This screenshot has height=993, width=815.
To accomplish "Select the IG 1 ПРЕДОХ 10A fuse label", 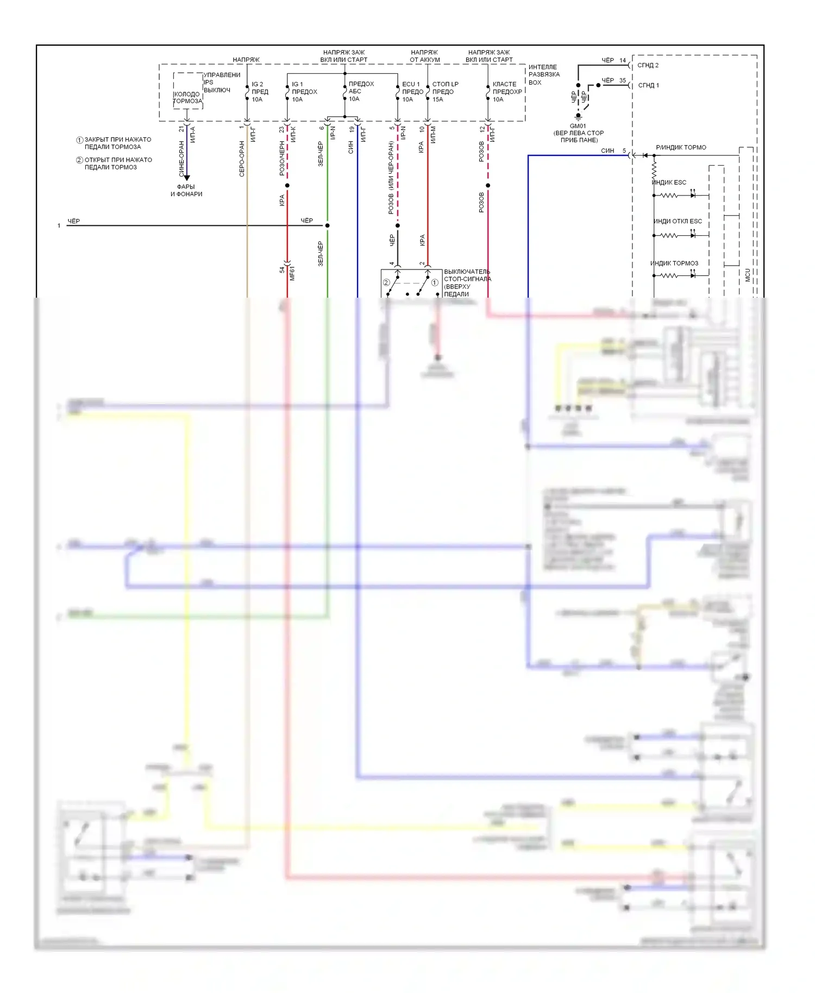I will point(304,92).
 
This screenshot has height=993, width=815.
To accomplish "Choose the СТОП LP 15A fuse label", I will point(444,92).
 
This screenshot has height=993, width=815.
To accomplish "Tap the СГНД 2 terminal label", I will point(648,65).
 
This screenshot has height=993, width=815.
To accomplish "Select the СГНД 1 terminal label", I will point(648,85).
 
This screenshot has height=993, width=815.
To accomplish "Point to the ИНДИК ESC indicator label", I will point(669,183).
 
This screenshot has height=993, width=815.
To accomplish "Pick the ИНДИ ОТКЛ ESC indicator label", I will point(677,221).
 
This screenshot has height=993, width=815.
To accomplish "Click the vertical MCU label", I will point(748,275).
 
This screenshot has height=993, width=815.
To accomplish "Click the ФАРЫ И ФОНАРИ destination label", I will point(186,190).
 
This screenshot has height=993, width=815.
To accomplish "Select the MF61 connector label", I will point(292,273).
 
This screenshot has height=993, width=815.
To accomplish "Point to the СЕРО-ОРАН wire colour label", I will point(242,159).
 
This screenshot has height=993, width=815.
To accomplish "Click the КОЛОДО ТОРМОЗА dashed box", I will point(187,91).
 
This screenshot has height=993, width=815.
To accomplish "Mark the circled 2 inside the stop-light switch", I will point(386,282).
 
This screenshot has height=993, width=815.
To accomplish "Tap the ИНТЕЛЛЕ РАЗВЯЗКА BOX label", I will point(543,75).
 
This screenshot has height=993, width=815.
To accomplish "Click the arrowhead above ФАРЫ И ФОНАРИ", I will point(187,178).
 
